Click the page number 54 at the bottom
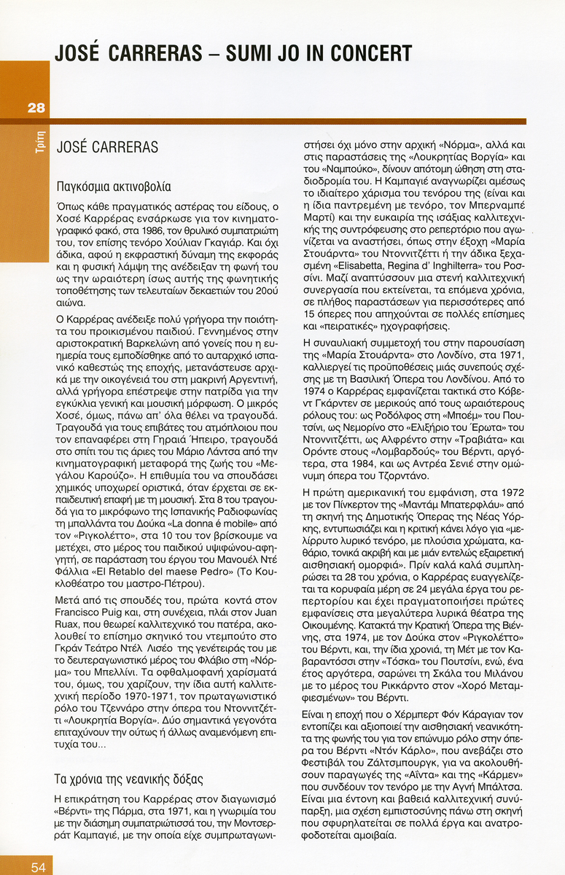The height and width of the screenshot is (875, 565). tap(37, 866)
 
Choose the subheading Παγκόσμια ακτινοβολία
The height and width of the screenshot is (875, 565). tap(113, 186)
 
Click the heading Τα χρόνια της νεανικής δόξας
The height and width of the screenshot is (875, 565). tap(129, 778)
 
